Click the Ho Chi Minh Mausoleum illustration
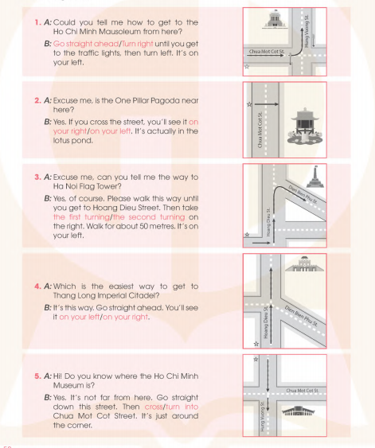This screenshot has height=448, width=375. (275, 19)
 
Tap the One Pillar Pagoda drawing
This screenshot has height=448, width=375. (305, 126)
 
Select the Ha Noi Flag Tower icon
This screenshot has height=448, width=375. (315, 177)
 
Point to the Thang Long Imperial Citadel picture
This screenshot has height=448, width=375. (304, 264)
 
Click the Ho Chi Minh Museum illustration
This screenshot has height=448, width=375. (298, 411)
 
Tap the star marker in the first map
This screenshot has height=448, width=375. (247, 67)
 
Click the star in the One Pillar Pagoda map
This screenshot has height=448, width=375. (249, 104)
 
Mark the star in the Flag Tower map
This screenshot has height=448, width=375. (248, 235)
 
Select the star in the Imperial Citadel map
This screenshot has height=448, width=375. (256, 344)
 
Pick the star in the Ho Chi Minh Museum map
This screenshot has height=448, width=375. (256, 359)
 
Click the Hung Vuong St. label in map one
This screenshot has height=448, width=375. (307, 31)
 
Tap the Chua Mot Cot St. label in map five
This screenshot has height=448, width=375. (303, 390)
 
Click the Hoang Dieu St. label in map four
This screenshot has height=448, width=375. (266, 322)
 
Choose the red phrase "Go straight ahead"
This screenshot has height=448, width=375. (86, 44)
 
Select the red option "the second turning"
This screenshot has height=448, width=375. (149, 217)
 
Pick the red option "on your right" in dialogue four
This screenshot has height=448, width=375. (126, 317)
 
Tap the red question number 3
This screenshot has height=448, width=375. (37, 177)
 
